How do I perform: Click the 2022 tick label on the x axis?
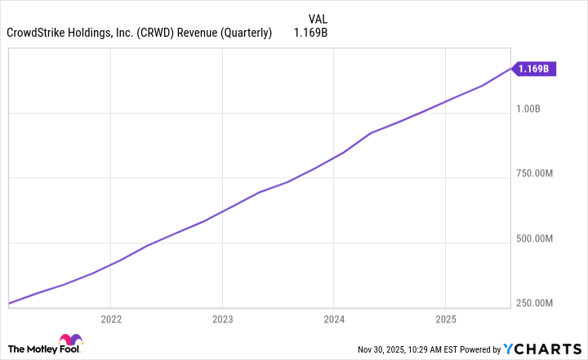pyautogui.click(x=111, y=318)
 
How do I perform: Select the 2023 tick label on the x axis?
pyautogui.click(x=223, y=318)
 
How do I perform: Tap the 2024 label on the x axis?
pyautogui.click(x=334, y=318)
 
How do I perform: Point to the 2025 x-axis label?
pyautogui.click(x=445, y=318)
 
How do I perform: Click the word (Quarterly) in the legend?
pyautogui.click(x=248, y=33)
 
